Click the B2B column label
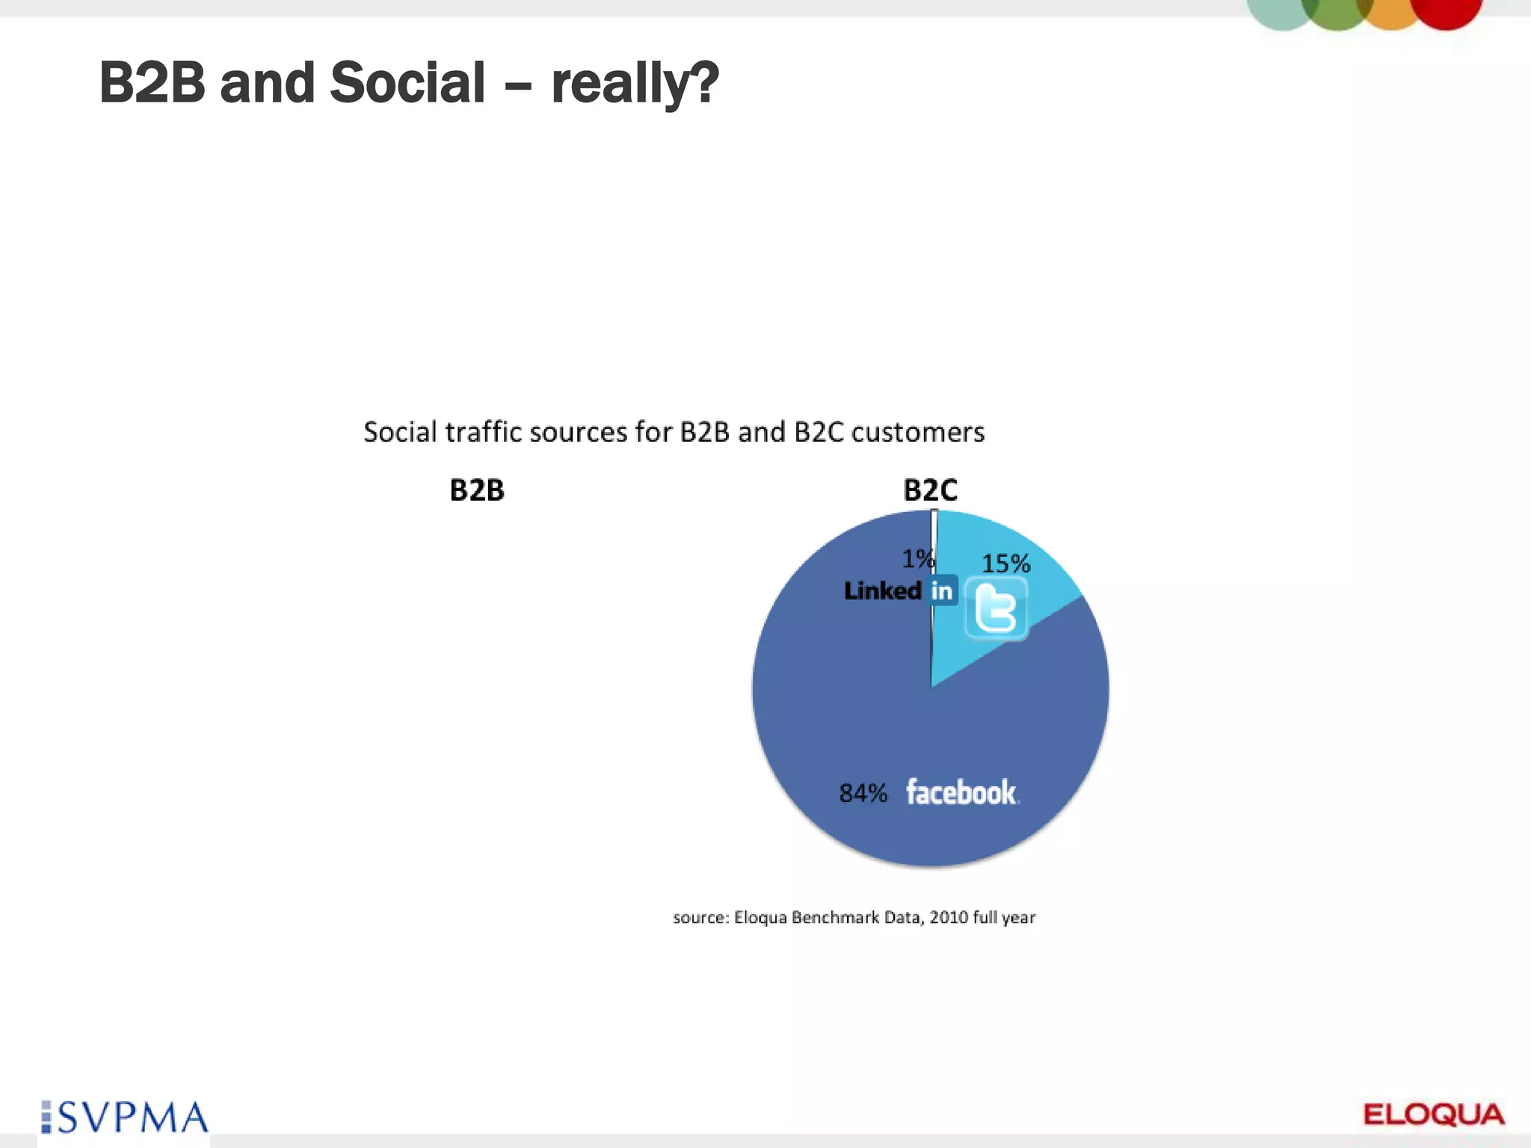pyautogui.click(x=477, y=490)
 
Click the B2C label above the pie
pyautogui.click(x=930, y=490)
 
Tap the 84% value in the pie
pyautogui.click(x=863, y=793)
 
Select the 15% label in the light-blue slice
pyautogui.click(x=1005, y=564)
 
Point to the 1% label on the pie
pyautogui.click(x=917, y=559)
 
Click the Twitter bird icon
pyautogui.click(x=996, y=609)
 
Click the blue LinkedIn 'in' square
pyautogui.click(x=942, y=591)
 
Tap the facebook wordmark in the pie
pyautogui.click(x=961, y=792)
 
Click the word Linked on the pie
pyautogui.click(x=883, y=591)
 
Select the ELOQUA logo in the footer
pyautogui.click(x=1434, y=1115)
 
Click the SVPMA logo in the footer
pyautogui.click(x=125, y=1118)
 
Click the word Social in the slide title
pyautogui.click(x=407, y=82)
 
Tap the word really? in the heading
pyautogui.click(x=635, y=84)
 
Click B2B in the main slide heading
pyautogui.click(x=152, y=82)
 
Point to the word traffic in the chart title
pyautogui.click(x=483, y=432)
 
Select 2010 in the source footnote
pyautogui.click(x=948, y=917)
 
